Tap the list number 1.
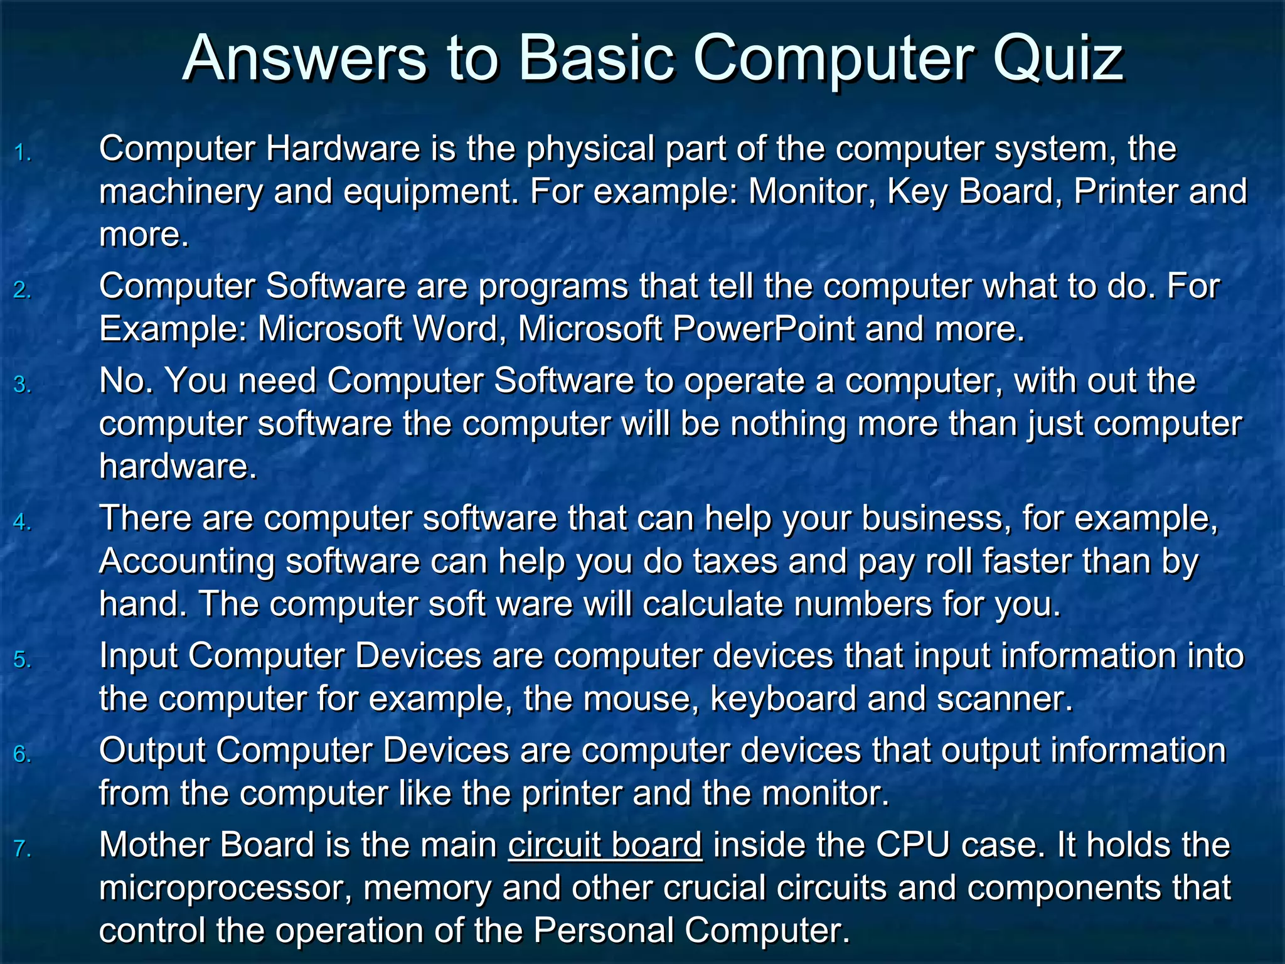pos(23,153)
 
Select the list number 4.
pos(23,522)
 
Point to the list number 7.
pos(23,849)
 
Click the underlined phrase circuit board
pos(605,845)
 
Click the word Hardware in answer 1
pos(343,149)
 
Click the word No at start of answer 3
pos(124,381)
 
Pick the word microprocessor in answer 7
pos(225,889)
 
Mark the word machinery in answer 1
pos(181,192)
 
